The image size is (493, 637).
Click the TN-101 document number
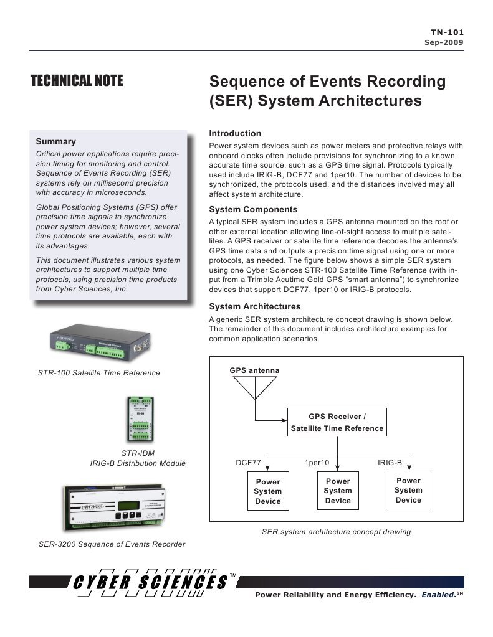[448, 32]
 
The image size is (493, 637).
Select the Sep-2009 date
[444, 42]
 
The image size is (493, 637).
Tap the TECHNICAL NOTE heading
[77, 81]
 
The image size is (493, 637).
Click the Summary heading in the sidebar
[56, 141]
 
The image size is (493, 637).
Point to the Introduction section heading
[235, 133]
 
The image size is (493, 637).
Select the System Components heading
[253, 209]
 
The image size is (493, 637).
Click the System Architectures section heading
[254, 306]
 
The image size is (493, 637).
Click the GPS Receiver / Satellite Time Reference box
[337, 423]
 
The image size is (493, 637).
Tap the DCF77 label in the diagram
[248, 463]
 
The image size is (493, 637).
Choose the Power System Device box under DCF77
[268, 491]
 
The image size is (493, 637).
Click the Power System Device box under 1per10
[338, 491]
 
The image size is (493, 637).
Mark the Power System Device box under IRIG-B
[408, 490]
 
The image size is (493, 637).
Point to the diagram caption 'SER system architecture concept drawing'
[337, 532]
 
